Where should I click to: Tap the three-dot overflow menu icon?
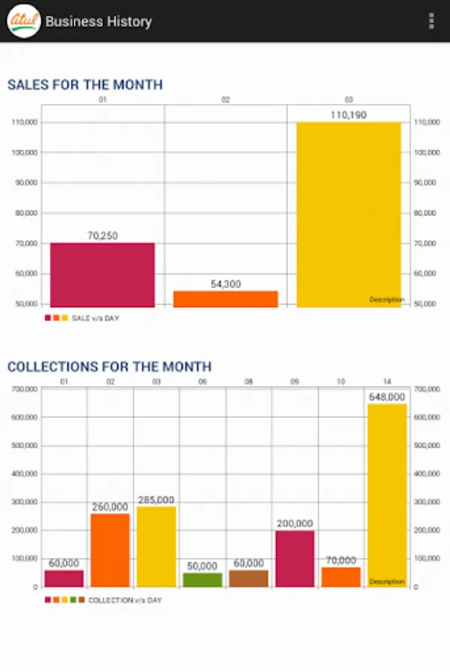[x=431, y=21]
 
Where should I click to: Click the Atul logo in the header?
[x=24, y=21]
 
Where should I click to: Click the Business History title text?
[x=99, y=22]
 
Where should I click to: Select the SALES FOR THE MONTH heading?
[x=85, y=85]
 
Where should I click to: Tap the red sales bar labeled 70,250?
[x=102, y=275]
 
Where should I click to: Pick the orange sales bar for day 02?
[x=225, y=299]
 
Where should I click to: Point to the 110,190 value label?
[x=349, y=115]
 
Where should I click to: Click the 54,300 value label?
[x=225, y=284]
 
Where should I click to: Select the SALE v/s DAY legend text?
[x=95, y=318]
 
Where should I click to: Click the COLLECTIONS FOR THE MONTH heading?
[x=110, y=367]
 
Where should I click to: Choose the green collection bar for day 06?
[x=202, y=579]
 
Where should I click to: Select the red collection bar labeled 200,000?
[x=295, y=559]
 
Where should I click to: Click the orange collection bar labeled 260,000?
[x=110, y=550]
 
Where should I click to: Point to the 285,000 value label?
[x=156, y=500]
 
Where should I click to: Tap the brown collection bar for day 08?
[x=249, y=578]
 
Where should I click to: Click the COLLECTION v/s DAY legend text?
[x=125, y=600]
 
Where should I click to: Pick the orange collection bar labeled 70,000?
[x=341, y=576]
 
